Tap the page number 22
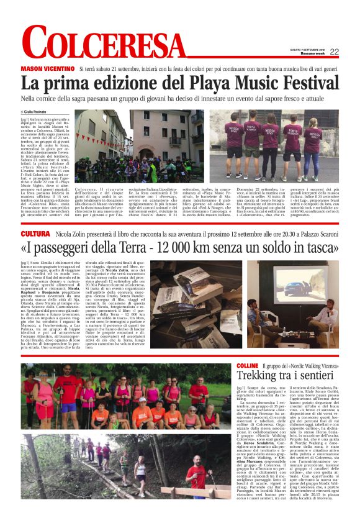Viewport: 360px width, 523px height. (x=334, y=52)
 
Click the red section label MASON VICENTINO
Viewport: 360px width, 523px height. (x=47, y=68)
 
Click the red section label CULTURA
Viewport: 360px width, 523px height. (x=35, y=234)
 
